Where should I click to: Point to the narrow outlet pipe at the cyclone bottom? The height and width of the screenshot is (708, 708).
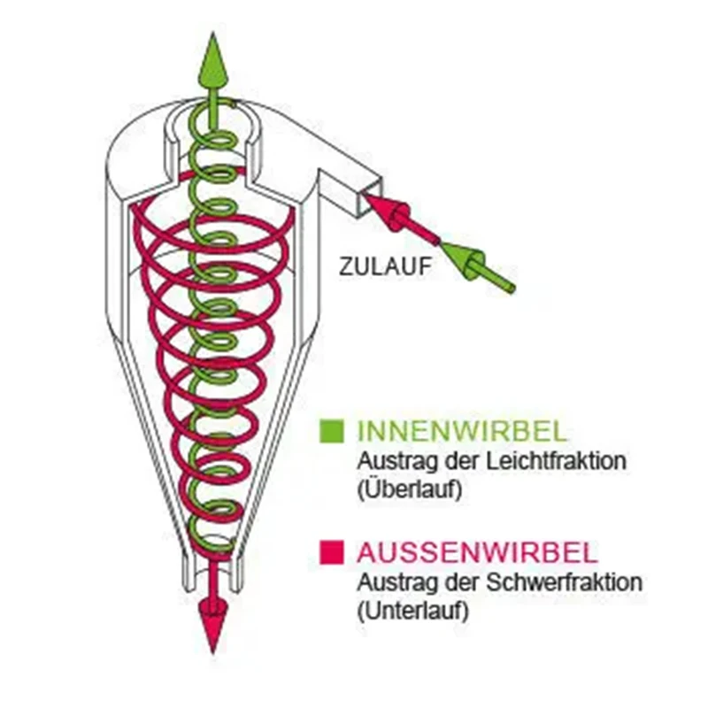tap(212, 571)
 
